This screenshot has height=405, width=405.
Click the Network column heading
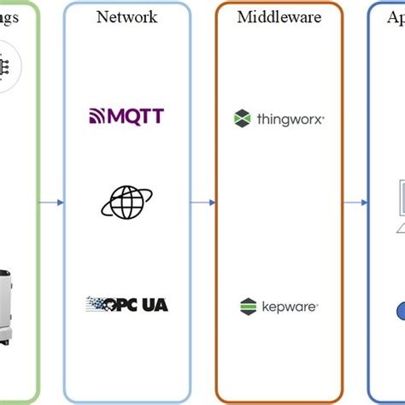coord(126,16)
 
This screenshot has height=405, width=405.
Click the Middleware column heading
coord(279,16)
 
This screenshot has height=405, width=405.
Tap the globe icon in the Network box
coord(126,202)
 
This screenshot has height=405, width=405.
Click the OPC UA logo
coord(126,303)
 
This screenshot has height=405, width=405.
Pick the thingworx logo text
coord(291,119)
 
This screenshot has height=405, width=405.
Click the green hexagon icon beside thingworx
coord(243,119)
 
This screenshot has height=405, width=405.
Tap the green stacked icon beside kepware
coord(249,305)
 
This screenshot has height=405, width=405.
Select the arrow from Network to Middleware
coord(202,202)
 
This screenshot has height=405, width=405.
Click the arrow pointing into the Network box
coord(51,202)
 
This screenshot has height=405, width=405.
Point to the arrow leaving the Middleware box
coord(355,202)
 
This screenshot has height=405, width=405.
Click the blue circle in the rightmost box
coord(399,311)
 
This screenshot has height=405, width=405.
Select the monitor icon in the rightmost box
coord(399,198)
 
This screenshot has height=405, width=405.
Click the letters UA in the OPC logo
coord(154,303)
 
